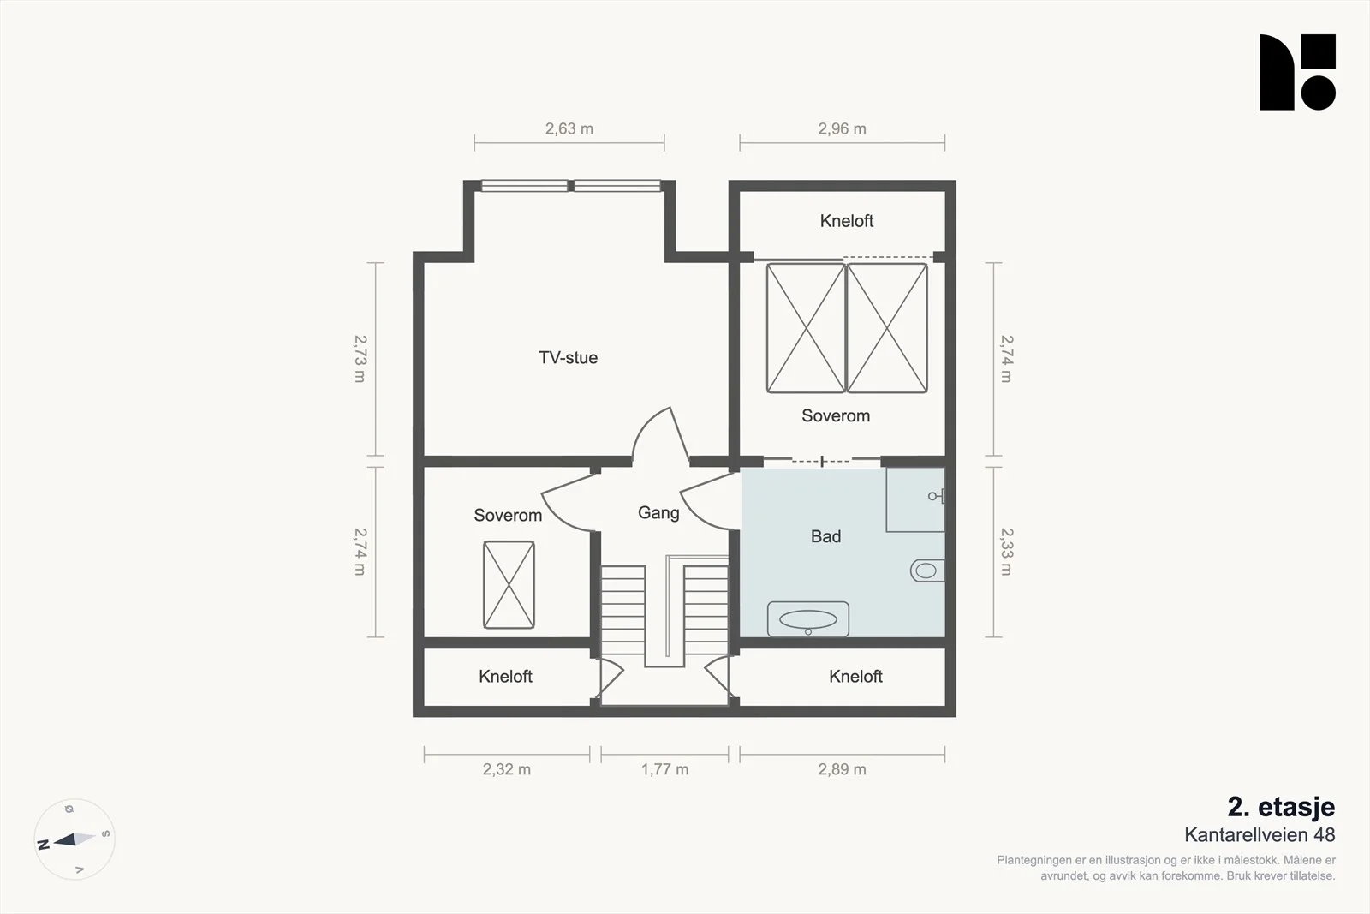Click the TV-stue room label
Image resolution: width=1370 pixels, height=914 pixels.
point(568,357)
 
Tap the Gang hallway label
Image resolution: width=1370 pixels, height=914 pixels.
point(658,512)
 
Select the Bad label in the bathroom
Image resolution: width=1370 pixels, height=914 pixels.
point(825,536)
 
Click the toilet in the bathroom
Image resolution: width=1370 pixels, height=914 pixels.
point(927,571)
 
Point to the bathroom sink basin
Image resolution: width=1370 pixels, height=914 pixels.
point(808,619)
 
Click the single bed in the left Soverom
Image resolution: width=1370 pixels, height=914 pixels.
point(509,584)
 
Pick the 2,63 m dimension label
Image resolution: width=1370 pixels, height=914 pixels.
point(569,129)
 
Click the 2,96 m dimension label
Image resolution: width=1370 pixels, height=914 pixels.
point(842,129)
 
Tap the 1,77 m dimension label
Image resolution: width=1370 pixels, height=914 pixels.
point(664,769)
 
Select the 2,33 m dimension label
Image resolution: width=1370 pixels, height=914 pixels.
point(1007,551)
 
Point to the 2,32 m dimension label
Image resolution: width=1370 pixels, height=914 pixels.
point(506,769)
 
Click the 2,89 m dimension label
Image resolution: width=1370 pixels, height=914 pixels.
point(842,769)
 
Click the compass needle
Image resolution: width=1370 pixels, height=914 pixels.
point(74,839)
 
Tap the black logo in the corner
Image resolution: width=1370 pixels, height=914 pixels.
point(1297,72)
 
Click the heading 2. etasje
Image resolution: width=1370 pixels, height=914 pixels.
point(1281,807)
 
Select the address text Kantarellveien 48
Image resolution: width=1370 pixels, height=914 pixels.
point(1260,834)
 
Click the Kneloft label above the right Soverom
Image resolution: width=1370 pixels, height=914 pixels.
point(847,221)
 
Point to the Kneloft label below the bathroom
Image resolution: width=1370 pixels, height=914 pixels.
point(855,676)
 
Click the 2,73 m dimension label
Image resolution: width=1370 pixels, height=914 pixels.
point(360,359)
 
